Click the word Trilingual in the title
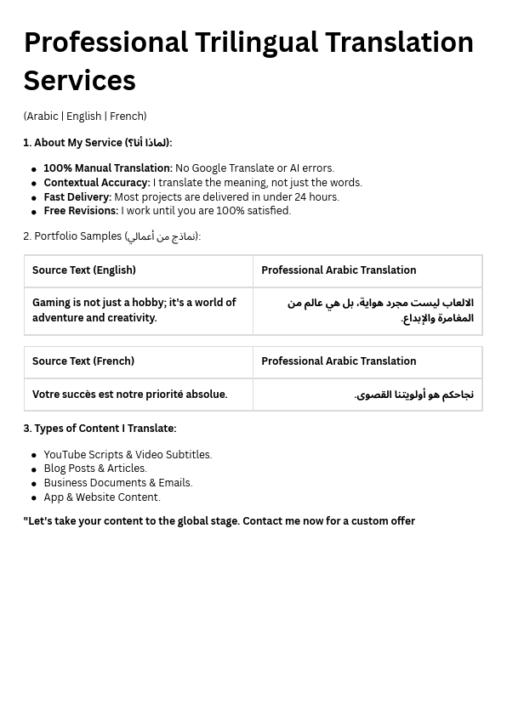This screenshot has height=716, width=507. pos(256,43)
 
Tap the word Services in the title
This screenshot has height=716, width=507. pos(79,81)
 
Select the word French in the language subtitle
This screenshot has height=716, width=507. pos(127,116)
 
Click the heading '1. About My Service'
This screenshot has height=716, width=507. pos(97,143)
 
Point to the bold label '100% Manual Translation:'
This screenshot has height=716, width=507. pos(107,168)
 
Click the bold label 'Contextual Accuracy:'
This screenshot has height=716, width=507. pos(96,183)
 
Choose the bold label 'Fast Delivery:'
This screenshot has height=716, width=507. pos(77,197)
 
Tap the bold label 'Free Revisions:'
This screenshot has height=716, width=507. pos(81,211)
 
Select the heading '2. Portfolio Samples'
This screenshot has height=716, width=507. pos(111,236)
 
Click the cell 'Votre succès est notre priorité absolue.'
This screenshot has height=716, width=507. pos(130,395)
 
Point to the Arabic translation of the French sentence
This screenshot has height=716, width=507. pos(414,395)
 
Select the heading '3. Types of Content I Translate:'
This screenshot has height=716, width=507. pos(100,429)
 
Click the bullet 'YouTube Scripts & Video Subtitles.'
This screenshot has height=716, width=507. pos(128,455)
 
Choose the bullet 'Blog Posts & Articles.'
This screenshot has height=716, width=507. pos(95,469)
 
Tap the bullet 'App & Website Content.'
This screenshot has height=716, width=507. pos(102,497)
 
